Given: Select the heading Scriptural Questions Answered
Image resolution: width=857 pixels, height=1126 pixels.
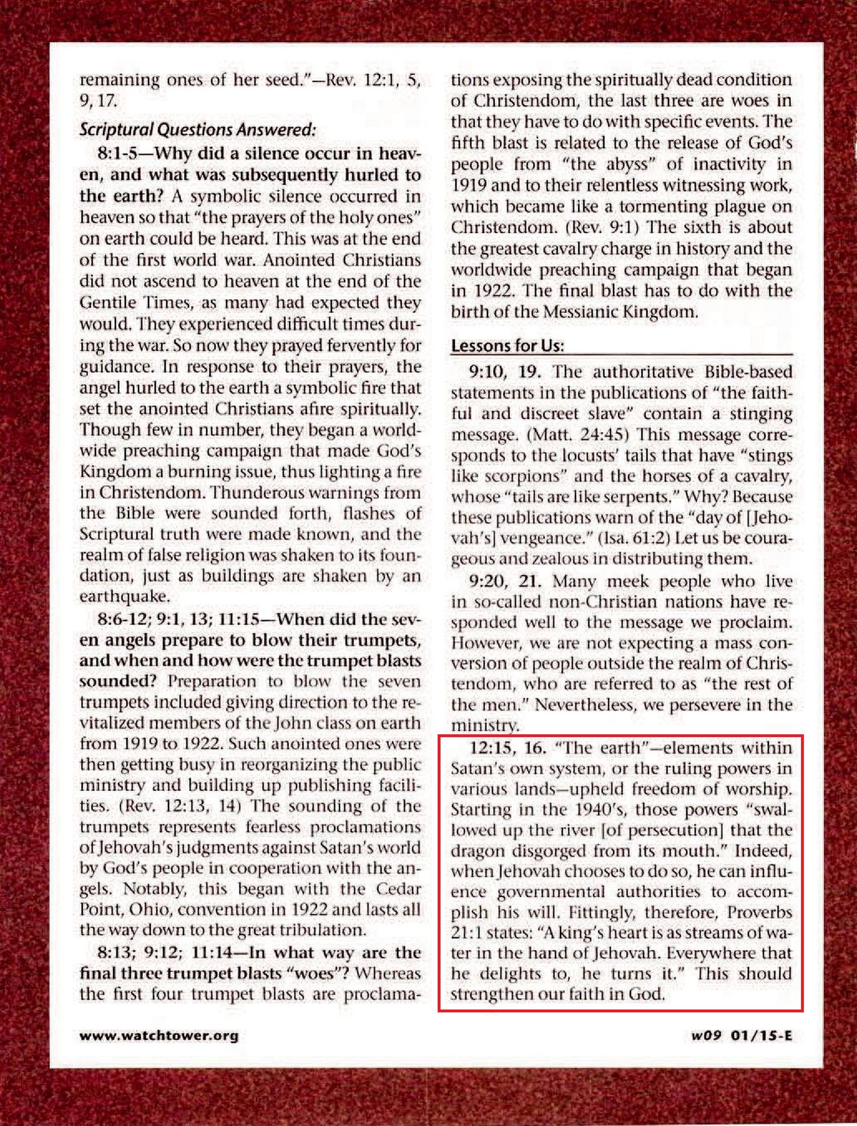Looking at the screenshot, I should point(197,130).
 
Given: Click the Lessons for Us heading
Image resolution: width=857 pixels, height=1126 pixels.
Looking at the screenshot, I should point(507,345).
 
